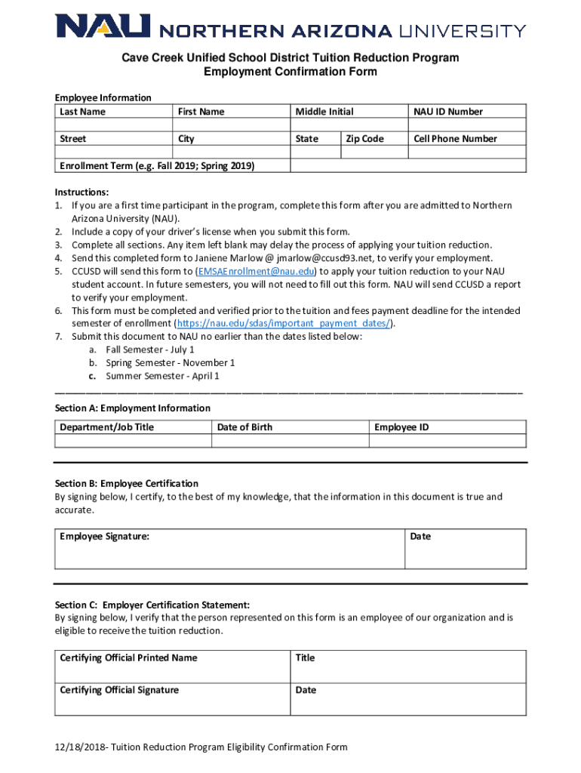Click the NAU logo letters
(x=103, y=28)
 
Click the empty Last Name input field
(x=113, y=125)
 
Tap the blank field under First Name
(x=231, y=125)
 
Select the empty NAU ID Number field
(x=467, y=125)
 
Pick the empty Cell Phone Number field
(x=467, y=152)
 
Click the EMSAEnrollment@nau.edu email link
(x=255, y=271)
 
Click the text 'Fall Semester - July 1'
(x=150, y=350)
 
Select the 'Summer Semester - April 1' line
(x=162, y=376)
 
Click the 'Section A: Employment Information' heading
(x=132, y=408)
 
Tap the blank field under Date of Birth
(x=290, y=442)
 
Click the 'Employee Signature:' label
(x=104, y=537)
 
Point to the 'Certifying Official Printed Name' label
(x=128, y=658)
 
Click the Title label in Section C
(x=305, y=658)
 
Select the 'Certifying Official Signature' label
(x=119, y=690)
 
